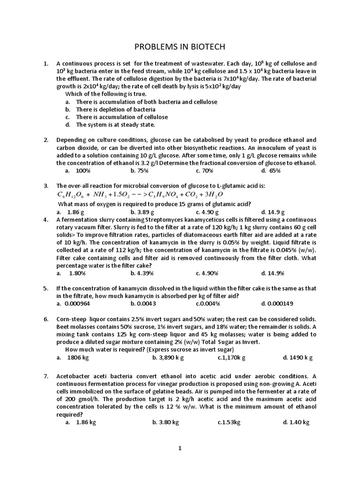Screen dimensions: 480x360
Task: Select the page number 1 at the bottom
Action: pos(179,448)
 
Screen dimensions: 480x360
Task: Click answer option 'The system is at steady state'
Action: pos(115,125)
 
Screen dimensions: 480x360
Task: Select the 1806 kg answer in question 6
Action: pos(78,357)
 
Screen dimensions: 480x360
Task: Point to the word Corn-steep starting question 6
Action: pos(72,319)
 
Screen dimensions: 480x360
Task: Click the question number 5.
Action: pos(46,288)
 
